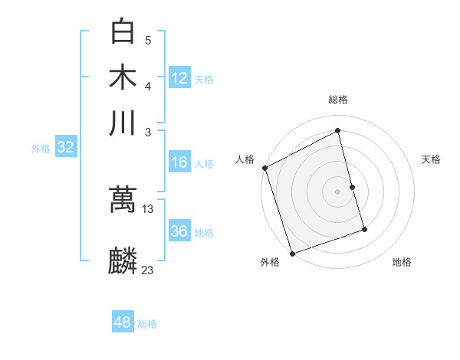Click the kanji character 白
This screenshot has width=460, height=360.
pyautogui.click(x=123, y=33)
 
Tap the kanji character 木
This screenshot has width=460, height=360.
pyautogui.click(x=123, y=77)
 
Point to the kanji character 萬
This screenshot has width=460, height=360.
pyautogui.click(x=123, y=199)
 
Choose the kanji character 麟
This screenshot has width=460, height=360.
pyautogui.click(x=123, y=261)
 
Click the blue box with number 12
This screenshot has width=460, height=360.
pyautogui.click(x=179, y=77)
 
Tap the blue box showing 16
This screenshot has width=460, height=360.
pyautogui.click(x=179, y=162)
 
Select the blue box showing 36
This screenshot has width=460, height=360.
pyautogui.click(x=179, y=231)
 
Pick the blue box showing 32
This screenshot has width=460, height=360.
pyautogui.click(x=65, y=148)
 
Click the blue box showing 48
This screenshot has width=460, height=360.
pyautogui.click(x=123, y=322)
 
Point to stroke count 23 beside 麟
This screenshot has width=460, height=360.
pyautogui.click(x=148, y=270)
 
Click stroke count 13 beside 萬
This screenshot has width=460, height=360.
pyautogui.click(x=148, y=208)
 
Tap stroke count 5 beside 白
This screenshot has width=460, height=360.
pyautogui.click(x=148, y=40)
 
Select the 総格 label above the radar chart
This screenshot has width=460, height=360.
pyautogui.click(x=338, y=100)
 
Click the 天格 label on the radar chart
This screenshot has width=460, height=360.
pyautogui.click(x=432, y=159)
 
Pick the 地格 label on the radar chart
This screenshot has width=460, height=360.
pyautogui.click(x=402, y=262)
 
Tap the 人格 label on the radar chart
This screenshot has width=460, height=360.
pyautogui.click(x=245, y=159)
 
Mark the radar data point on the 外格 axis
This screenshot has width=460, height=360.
pyautogui.click(x=292, y=254)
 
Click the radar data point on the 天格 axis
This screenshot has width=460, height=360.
pyautogui.click(x=353, y=187)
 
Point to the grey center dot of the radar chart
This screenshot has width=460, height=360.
pyautogui.click(x=338, y=191)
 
